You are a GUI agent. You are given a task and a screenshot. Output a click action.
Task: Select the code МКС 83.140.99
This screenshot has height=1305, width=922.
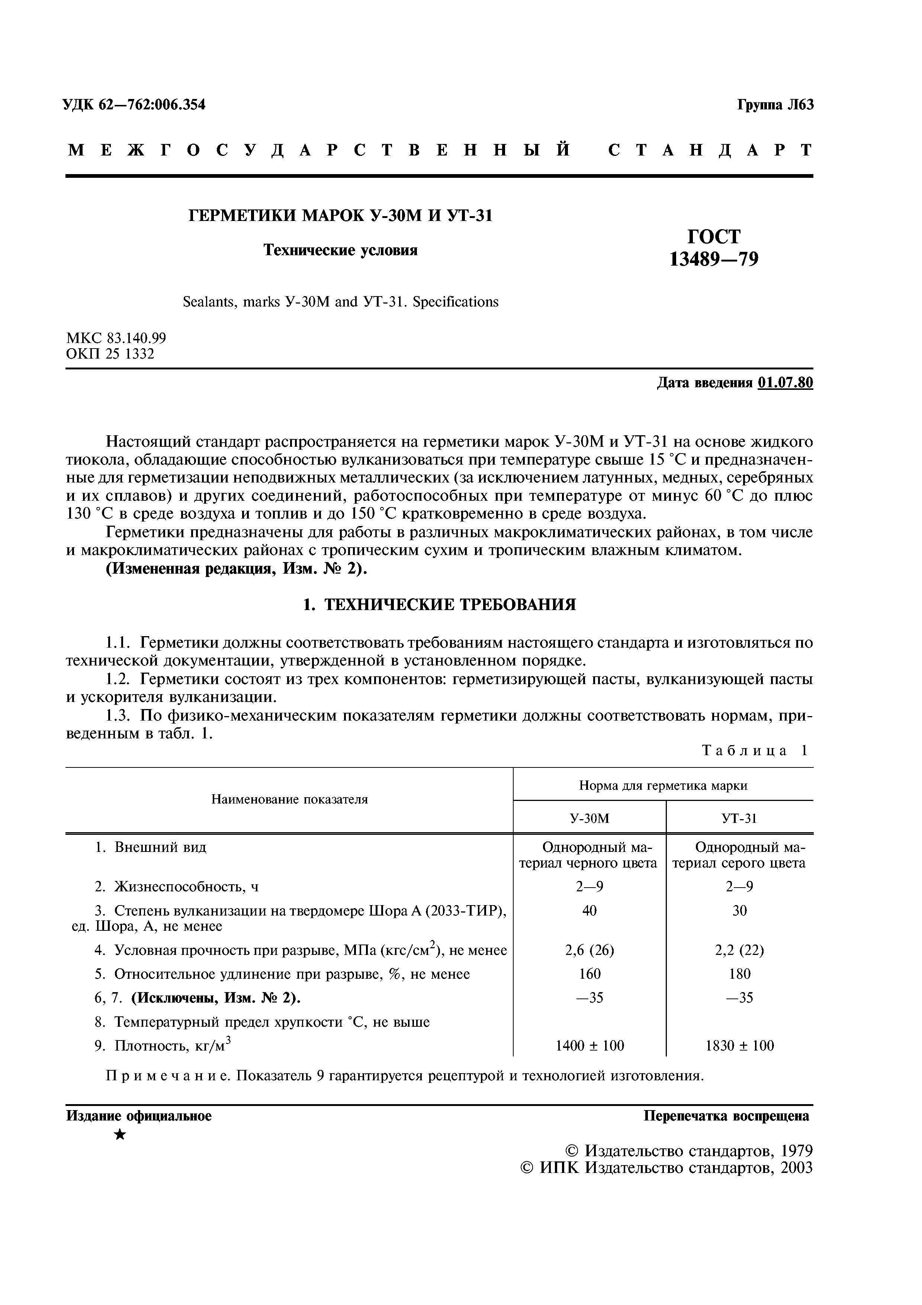click(116, 338)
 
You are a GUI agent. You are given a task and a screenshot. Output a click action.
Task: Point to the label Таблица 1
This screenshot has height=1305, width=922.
click(754, 750)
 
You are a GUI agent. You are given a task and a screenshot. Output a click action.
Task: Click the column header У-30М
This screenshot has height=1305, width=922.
click(589, 818)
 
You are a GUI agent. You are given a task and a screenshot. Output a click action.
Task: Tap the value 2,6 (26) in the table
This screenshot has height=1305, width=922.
click(589, 950)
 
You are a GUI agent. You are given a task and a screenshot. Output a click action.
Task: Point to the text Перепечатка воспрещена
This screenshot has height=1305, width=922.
click(726, 1116)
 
